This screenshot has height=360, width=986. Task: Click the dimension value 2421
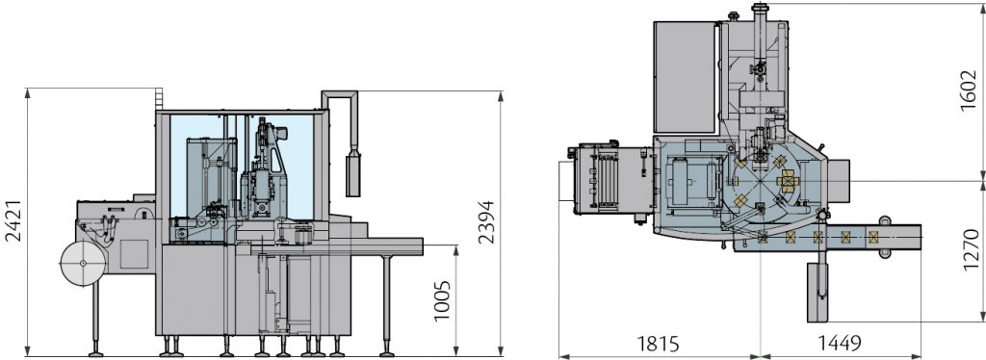(13, 220)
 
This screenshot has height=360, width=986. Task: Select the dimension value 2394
(485, 221)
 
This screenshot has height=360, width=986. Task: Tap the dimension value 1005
(442, 300)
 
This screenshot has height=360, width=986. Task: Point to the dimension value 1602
(969, 90)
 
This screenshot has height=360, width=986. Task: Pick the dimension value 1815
(658, 344)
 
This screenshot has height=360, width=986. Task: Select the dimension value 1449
(840, 343)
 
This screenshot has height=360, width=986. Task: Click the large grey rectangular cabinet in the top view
(685, 77)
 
